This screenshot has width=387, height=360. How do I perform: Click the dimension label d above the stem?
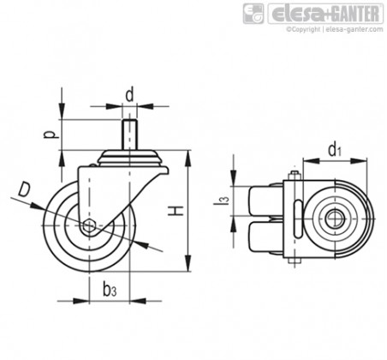click(129, 95)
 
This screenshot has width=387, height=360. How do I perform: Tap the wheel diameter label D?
click(24, 189)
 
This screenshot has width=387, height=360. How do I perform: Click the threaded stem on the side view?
click(129, 135)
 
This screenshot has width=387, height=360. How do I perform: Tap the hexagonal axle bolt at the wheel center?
click(89, 226)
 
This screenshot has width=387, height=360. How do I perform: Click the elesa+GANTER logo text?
click(325, 14)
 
